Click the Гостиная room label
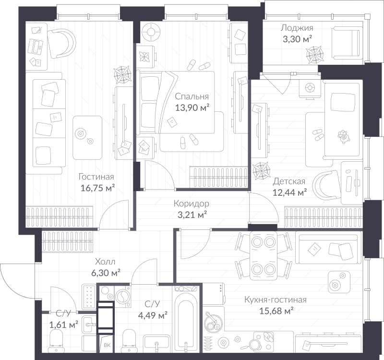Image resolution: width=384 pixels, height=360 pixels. pos(96,177)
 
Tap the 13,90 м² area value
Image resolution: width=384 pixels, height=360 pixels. pos(192,108)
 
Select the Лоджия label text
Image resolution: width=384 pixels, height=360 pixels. pos(297,28)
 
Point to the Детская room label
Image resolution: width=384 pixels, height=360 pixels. pos(289,181)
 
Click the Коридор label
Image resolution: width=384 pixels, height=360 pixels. pos(192,204)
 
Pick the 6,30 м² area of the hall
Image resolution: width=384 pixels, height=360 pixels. pos(106,273)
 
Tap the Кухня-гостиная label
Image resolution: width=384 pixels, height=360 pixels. pos(276,300)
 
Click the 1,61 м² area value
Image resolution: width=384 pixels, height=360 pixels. pos(64,325)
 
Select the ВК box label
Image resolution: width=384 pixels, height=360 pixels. pos(107,345)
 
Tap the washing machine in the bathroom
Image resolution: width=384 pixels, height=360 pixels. pos(122,297)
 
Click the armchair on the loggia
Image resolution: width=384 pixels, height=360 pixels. pos(347,43)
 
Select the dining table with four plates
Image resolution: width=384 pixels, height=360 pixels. pos(264,256)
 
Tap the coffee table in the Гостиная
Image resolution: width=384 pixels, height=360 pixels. pos(87,138)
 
